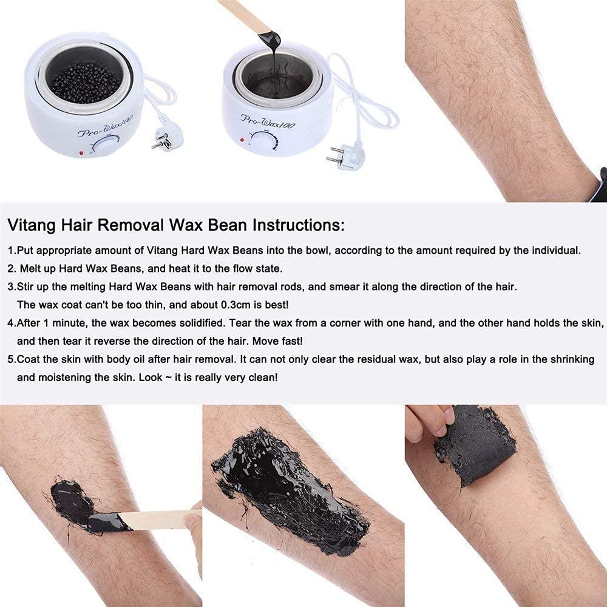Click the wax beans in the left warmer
click(x=85, y=82)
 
